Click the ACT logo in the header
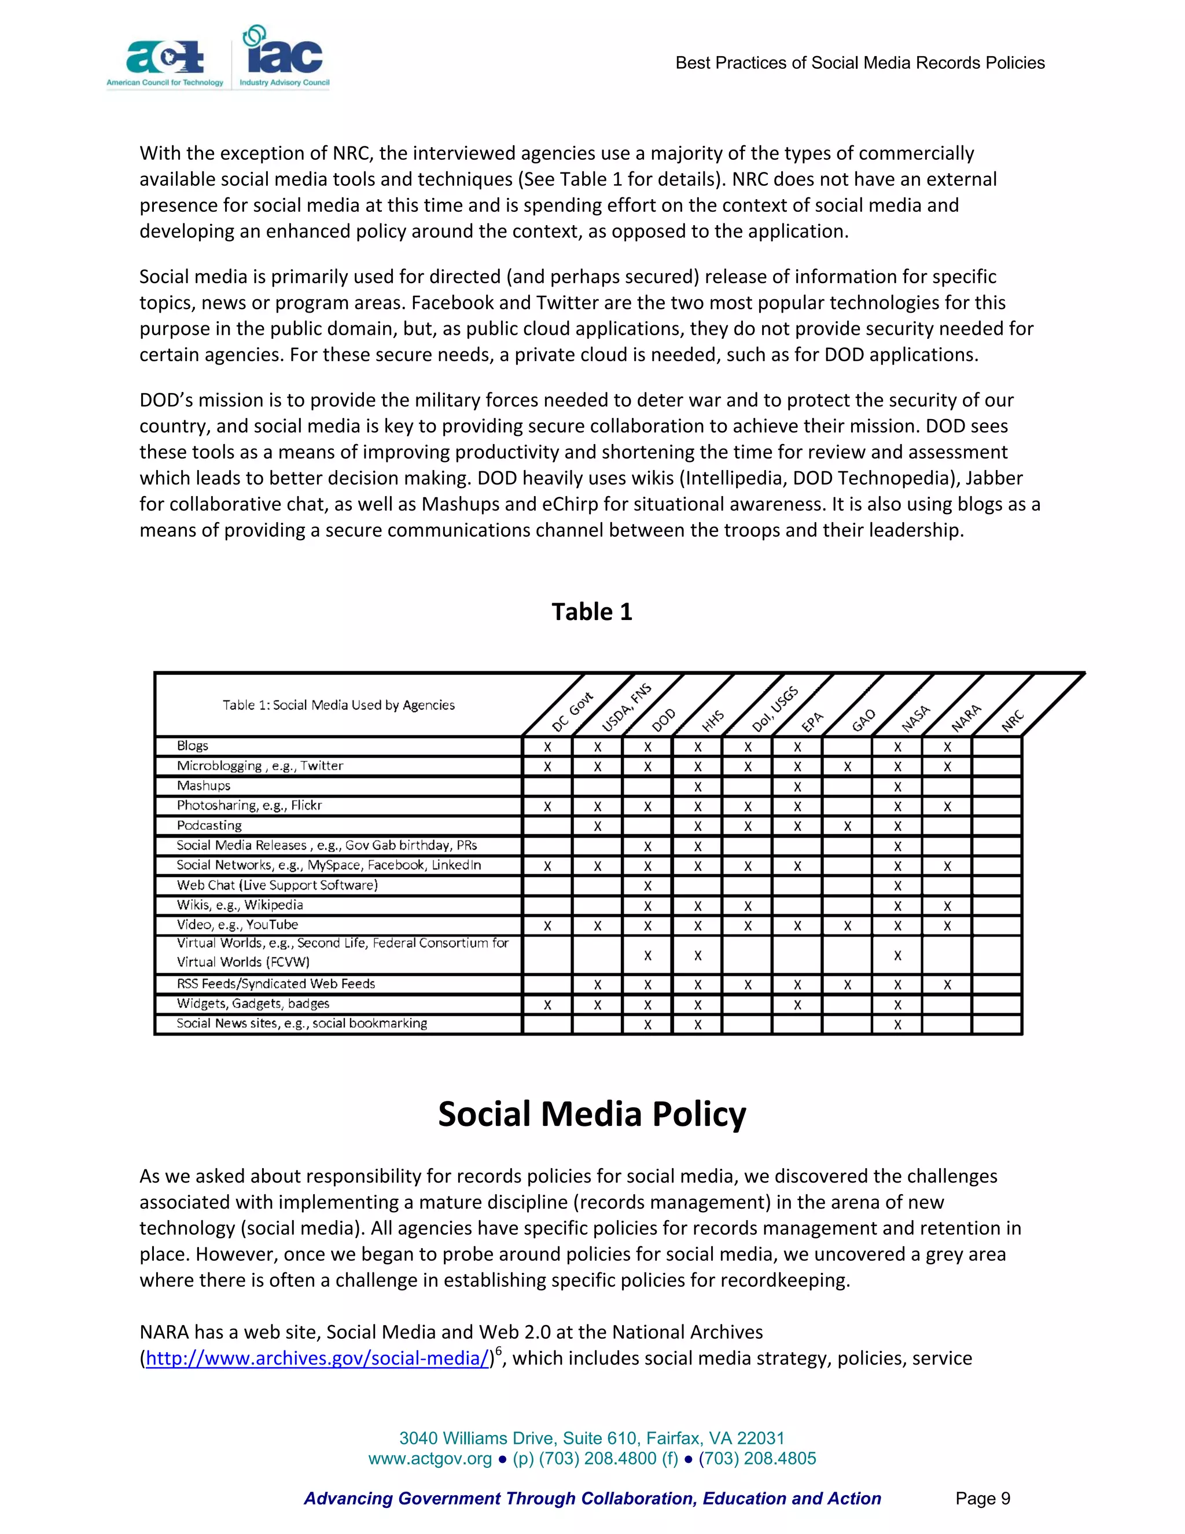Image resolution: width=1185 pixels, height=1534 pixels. [165, 60]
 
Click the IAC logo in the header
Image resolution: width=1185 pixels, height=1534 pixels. [284, 56]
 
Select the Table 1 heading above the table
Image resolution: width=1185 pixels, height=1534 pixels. [592, 612]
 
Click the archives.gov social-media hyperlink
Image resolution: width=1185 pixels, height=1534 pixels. [317, 1359]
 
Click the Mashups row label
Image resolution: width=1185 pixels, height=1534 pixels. [204, 786]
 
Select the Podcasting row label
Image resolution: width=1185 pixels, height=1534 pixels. [209, 825]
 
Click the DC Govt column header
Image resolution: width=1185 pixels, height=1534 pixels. [572, 712]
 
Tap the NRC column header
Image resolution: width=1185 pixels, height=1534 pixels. [1013, 721]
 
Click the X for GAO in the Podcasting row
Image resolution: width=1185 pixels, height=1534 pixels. [847, 827]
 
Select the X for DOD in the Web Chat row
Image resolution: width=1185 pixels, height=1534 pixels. [647, 886]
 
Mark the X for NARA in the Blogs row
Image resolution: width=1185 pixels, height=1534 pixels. [947, 747]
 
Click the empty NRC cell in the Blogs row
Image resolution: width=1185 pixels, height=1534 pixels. [996, 747]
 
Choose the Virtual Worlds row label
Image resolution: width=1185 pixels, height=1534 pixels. [342, 952]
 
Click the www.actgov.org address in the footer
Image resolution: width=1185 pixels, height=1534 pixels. [430, 1459]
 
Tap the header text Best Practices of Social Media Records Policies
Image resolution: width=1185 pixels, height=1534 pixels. [859, 63]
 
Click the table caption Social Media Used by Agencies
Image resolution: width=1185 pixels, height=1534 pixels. [338, 705]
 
